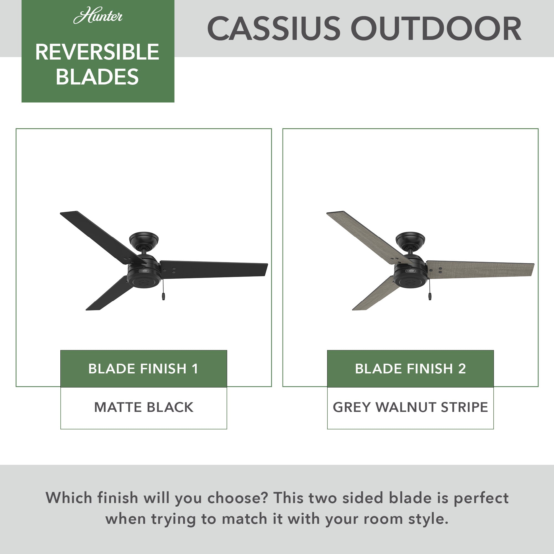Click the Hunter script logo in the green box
(x=98, y=17)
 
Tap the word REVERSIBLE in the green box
(x=97, y=52)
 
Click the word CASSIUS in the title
(x=273, y=29)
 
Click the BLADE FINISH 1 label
(x=143, y=369)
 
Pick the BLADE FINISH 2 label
(x=410, y=369)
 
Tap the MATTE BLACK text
(x=144, y=407)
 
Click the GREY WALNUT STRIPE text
(x=410, y=407)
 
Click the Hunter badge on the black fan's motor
(x=144, y=271)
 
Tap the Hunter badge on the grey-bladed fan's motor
(x=410, y=271)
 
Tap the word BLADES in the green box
(x=97, y=77)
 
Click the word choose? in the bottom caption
(x=237, y=498)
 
